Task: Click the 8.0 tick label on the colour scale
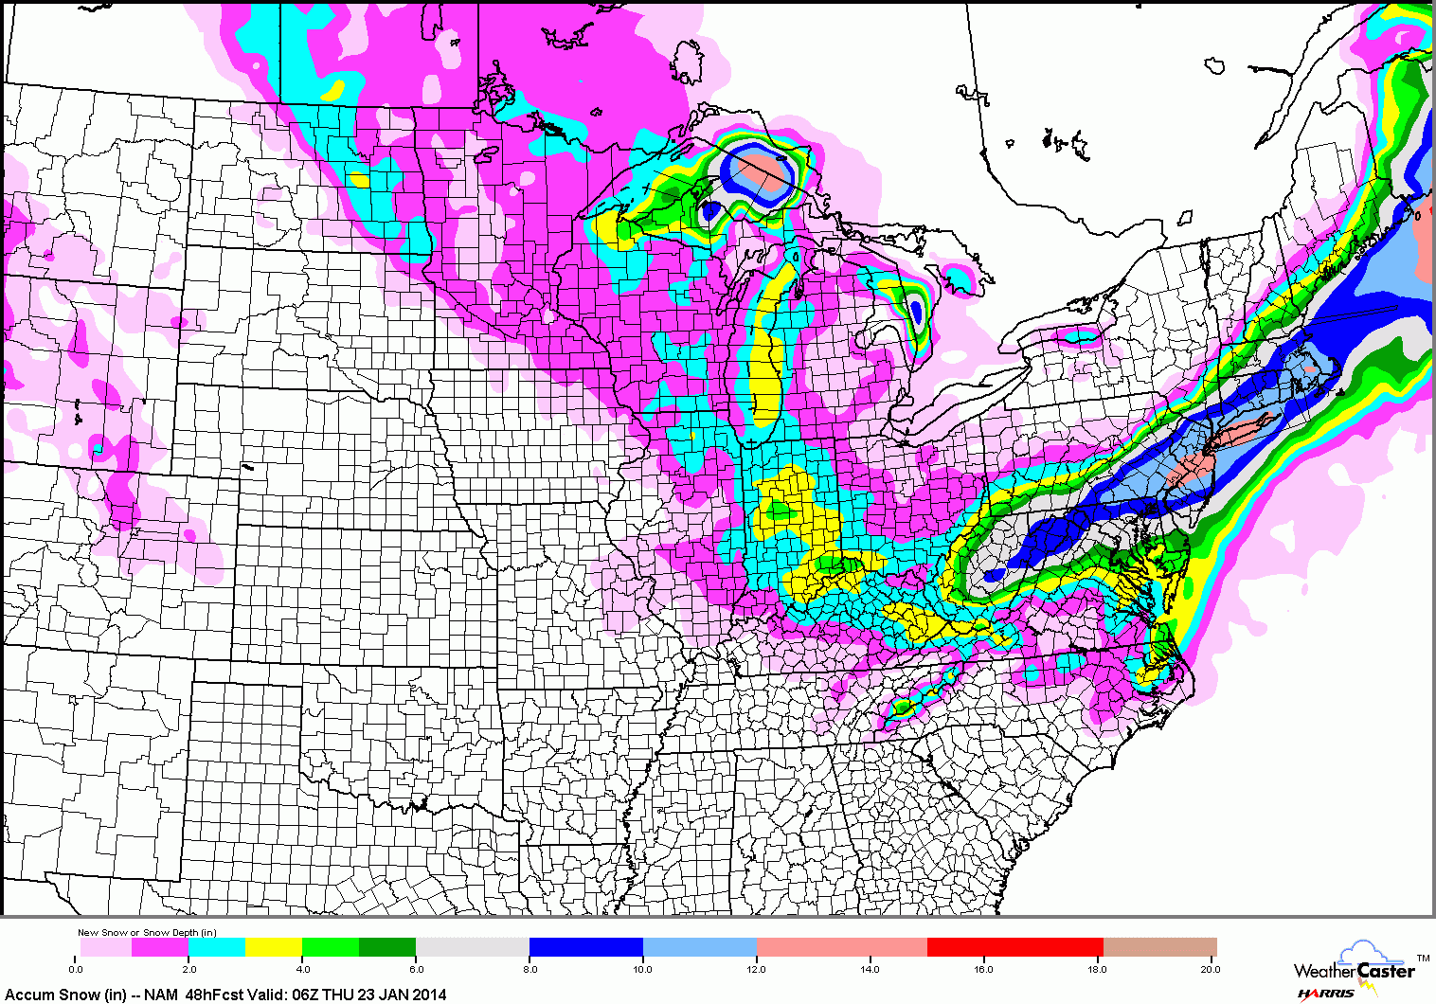tap(530, 969)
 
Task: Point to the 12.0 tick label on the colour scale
tap(757, 969)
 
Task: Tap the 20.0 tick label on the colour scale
tap(1210, 969)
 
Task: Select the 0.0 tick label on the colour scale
tap(77, 969)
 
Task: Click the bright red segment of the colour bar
tap(1014, 947)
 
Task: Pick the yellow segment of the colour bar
tap(274, 947)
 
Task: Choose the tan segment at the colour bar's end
tap(1159, 947)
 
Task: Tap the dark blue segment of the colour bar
tap(585, 947)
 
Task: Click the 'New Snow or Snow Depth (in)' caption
tap(147, 933)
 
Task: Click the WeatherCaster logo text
tap(1355, 970)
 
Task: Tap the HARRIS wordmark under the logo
tap(1326, 994)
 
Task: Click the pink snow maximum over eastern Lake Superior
tap(763, 171)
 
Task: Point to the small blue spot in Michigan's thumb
tap(916, 312)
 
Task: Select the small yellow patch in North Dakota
tap(359, 179)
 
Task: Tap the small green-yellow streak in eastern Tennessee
tap(905, 707)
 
